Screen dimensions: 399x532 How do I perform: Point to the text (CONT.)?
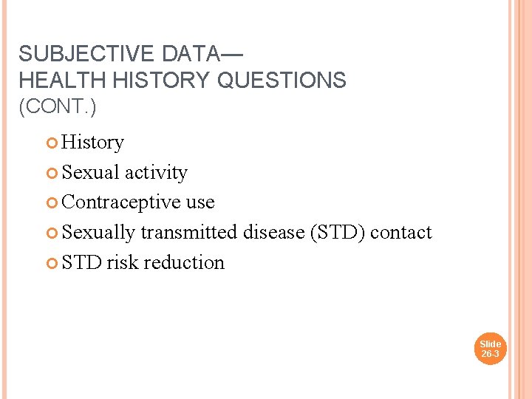click(57, 106)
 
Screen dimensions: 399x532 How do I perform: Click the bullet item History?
click(92, 142)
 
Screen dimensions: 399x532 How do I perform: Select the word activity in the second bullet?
click(156, 172)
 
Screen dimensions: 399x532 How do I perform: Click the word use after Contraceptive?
click(200, 202)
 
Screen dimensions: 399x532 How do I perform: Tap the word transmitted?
click(189, 232)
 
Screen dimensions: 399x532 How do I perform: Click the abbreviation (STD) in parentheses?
click(338, 232)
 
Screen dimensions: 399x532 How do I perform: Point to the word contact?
click(401, 232)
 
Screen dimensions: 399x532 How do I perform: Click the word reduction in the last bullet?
click(184, 262)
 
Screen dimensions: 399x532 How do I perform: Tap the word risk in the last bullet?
click(123, 262)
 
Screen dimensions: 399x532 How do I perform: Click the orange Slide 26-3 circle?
click(490, 349)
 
